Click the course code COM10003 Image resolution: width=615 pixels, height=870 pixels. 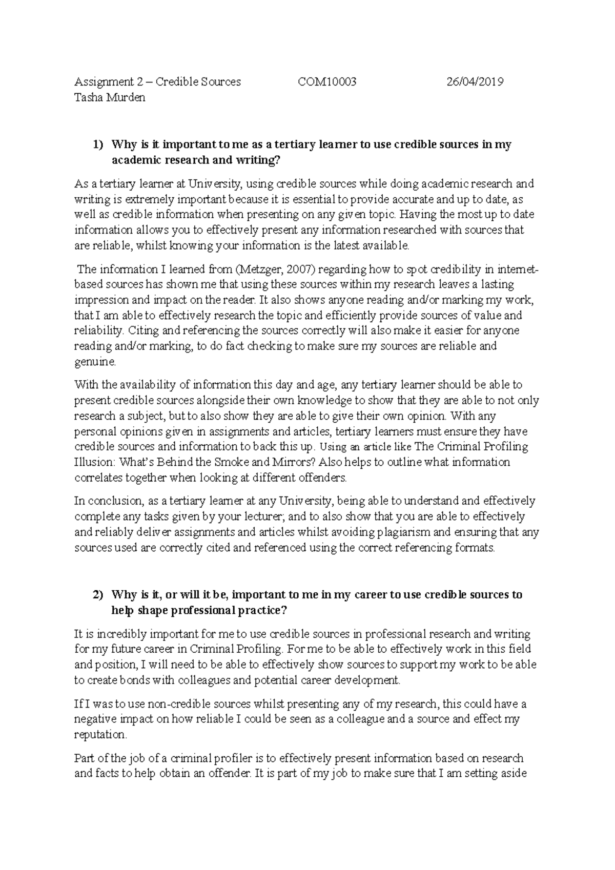coord(327,81)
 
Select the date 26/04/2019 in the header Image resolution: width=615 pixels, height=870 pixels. coord(475,81)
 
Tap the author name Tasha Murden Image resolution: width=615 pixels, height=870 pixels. coord(110,97)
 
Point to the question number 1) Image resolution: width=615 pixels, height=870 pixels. coord(98,144)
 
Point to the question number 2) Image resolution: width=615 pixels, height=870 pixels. coord(98,595)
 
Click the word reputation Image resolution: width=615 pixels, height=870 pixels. coord(100,734)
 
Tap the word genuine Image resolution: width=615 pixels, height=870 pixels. coord(95,362)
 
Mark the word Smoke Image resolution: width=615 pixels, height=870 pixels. coord(233,462)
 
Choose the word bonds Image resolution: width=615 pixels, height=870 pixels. coord(160,680)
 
